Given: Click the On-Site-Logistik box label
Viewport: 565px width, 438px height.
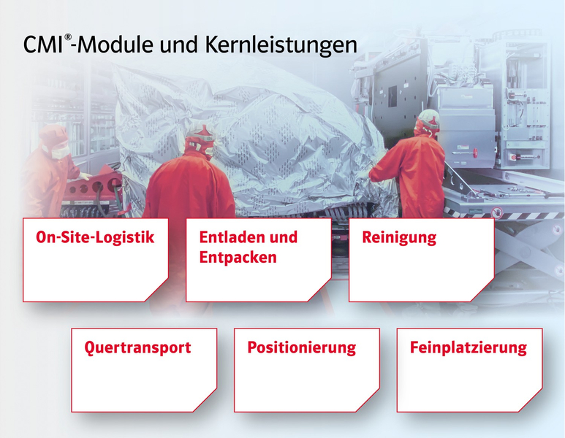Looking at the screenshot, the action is tap(95, 237).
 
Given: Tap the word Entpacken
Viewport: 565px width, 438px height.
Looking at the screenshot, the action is tap(238, 258).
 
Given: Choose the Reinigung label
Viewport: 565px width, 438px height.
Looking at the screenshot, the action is tap(399, 238).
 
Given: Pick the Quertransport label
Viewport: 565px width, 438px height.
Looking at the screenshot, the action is tap(137, 348).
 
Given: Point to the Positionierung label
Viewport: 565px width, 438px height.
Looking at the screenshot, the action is tap(302, 348).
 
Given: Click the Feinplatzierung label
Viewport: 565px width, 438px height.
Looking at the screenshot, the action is tap(468, 348).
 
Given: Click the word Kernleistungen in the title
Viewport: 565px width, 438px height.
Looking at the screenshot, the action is tap(281, 45).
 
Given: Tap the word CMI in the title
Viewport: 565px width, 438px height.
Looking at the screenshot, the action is tap(43, 45).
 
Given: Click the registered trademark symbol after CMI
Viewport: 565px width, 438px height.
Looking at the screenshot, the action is tap(68, 37).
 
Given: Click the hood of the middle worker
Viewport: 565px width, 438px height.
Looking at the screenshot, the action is tap(200, 140).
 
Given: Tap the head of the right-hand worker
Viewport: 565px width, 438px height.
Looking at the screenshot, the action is tap(428, 123).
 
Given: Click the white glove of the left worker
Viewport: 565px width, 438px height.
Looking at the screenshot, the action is tap(86, 176).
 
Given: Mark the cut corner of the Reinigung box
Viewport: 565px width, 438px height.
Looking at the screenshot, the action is tap(482, 290).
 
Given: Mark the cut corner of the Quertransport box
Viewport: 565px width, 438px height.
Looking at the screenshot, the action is tap(205, 400).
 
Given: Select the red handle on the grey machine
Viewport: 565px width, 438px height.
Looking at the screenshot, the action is tap(477, 153).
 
